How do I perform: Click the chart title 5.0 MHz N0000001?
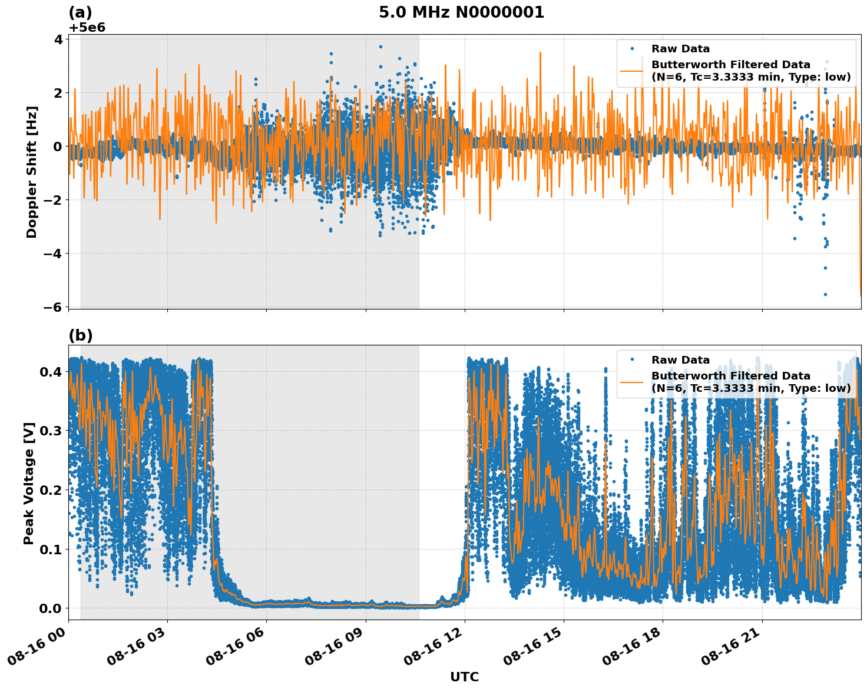click(461, 12)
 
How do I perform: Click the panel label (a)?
click(81, 12)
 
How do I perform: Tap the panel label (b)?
click(81, 335)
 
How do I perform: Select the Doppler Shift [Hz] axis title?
click(32, 172)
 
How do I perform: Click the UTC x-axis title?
click(464, 677)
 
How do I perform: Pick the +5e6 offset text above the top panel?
click(87, 28)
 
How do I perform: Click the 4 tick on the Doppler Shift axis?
click(58, 39)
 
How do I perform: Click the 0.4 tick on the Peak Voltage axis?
click(51, 372)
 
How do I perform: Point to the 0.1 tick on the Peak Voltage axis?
click(51, 549)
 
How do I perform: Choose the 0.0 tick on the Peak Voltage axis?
click(51, 608)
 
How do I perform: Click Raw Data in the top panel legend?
click(680, 49)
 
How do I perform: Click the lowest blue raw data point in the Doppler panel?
click(825, 294)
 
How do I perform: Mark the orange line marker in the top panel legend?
click(631, 71)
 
